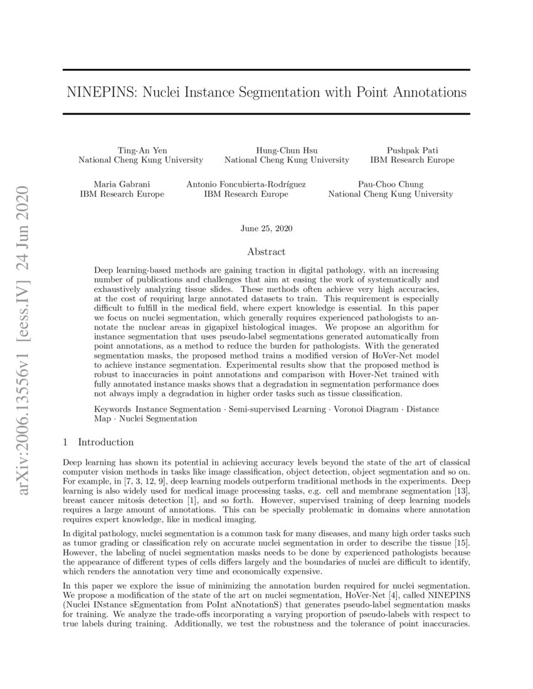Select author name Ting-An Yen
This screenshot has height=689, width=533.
tap(140, 150)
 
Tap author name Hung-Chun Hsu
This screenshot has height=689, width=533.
tap(287, 150)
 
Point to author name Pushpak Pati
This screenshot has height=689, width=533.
tap(412, 150)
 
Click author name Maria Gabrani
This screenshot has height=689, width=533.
tap(122, 184)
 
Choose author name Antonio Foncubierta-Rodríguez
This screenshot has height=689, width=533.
tap(246, 184)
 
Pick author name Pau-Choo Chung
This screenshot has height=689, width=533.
tap(390, 184)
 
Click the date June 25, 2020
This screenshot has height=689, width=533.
tap(266, 229)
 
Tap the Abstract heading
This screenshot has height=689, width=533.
tap(266, 252)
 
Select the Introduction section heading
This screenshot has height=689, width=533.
tap(105, 442)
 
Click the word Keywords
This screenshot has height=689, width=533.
tap(112, 409)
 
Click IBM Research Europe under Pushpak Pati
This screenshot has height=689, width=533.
tap(412, 160)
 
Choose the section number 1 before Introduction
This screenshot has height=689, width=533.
tap(66, 442)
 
